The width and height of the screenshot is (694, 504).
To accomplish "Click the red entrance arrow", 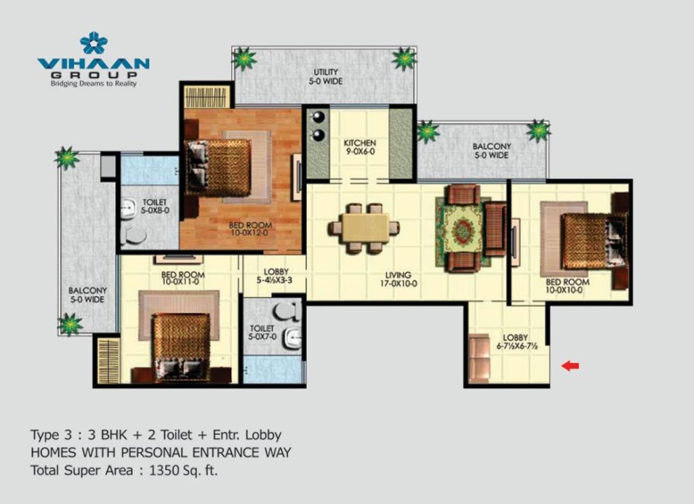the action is click(570, 366).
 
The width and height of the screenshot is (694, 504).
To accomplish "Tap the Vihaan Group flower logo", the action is click(94, 43).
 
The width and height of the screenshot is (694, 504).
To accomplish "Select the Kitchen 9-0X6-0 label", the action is click(360, 148).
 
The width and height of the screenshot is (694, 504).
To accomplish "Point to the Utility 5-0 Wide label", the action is click(326, 77).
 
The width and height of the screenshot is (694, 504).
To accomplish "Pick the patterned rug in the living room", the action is click(464, 232).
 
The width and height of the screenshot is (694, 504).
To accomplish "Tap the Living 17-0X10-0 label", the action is click(398, 279).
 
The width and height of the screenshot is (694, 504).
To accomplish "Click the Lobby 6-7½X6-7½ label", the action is click(516, 342).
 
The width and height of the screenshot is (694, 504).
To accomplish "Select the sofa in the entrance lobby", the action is click(479, 358).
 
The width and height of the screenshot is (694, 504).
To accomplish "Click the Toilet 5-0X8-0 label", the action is click(155, 206).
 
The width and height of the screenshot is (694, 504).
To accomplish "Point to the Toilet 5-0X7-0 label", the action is click(262, 333).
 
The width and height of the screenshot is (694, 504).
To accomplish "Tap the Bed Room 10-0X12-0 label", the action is click(250, 229).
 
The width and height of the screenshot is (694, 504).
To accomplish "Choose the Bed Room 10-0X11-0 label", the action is click(182, 278).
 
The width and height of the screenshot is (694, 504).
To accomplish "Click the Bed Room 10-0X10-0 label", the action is click(567, 286).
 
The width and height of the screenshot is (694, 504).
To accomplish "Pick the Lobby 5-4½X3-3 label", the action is click(275, 276).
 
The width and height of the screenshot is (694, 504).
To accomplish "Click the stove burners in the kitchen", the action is click(319, 126).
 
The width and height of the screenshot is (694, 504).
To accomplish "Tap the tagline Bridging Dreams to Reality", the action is click(94, 83).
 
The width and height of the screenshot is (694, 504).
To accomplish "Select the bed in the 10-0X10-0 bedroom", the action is click(593, 241).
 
